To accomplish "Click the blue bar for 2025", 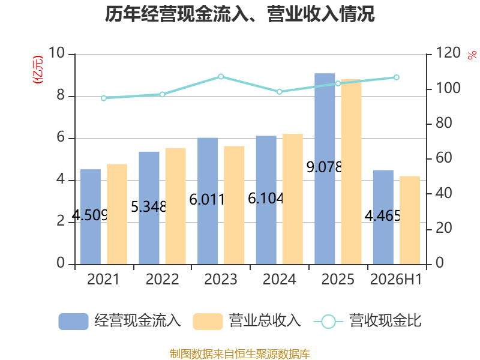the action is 325,169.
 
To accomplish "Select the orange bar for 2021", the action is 117,214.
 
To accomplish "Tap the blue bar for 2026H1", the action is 383,217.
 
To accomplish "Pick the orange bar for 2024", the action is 293,199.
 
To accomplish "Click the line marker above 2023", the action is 221,77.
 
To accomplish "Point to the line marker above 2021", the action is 104,98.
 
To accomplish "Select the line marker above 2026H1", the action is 397,77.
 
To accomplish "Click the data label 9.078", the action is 324,167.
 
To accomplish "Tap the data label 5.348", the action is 148,206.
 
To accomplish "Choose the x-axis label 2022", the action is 162,279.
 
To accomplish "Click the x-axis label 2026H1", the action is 396,279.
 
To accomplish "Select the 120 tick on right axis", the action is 448,53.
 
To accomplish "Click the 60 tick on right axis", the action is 444,158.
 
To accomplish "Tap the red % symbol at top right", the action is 472,55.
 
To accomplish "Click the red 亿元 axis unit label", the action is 38,70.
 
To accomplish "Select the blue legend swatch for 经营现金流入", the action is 73,322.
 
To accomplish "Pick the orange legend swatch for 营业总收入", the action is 208,322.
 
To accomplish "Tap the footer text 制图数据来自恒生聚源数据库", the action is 240,354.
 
